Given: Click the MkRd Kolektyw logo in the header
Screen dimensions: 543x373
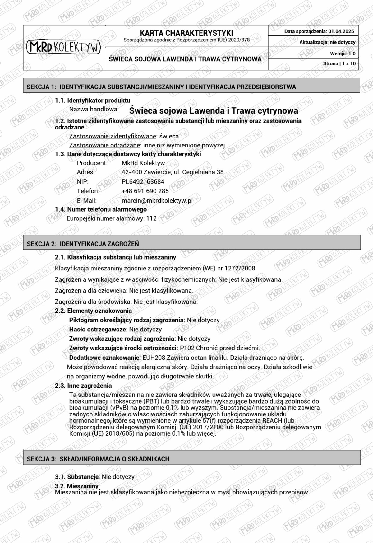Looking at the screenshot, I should coord(64,47).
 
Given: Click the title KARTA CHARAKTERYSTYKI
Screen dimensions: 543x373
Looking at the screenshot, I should coord(186,33).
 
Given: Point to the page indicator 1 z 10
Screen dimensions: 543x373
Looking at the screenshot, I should coord(349,64).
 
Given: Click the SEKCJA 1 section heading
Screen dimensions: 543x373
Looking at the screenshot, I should coord(161,87).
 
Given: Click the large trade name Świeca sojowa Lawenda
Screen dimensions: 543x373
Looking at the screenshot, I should coord(214,110).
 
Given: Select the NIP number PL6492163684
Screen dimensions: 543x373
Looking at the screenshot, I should coord(143,182).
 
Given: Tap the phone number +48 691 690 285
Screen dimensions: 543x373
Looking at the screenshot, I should coord(145,191).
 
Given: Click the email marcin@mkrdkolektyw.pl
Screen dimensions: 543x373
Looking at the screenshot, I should coord(157,201).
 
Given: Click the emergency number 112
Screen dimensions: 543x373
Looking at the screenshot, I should coord(151,218).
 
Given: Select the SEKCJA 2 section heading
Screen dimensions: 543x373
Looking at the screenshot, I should coord(83,244).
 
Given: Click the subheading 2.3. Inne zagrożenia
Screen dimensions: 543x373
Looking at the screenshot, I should coord(83,386).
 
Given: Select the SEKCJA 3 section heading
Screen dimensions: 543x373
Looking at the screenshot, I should coord(98,459).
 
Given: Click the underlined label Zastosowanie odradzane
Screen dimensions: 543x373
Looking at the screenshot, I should coord(104,145).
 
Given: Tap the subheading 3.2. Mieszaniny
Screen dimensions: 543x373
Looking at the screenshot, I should coord(77,486).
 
